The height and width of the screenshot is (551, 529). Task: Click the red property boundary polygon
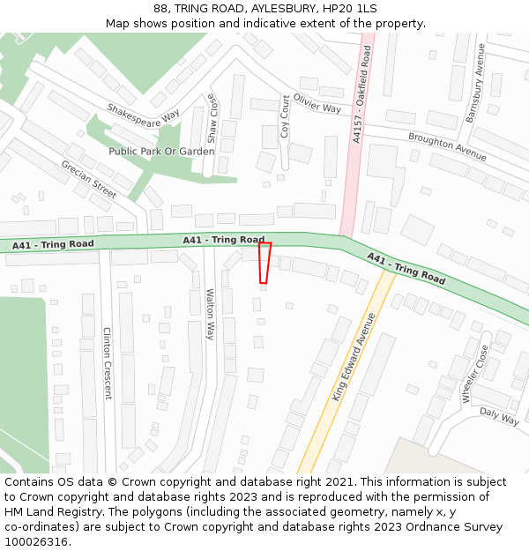264,263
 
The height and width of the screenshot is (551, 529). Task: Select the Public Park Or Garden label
161,152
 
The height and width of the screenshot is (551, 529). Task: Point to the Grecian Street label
89,179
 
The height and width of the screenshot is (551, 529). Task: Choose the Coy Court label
285,116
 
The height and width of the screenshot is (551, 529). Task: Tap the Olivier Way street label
317,103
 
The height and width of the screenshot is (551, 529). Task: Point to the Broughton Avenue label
447,147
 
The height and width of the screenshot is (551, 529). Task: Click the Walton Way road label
210,314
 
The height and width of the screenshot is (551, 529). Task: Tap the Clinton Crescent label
108,363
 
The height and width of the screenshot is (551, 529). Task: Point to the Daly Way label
499,416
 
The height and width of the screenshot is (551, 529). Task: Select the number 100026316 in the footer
37,542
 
